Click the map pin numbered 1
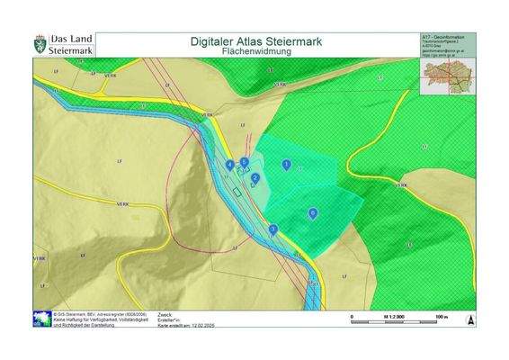pos(286,164)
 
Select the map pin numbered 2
pos(254,178)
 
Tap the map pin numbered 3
pos(272,229)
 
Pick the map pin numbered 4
pos(230,165)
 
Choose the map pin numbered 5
pos(244,162)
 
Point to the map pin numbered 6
pos(312,212)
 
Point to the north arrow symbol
pos(469,319)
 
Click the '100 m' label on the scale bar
pos(441,316)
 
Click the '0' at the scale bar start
pos(352,316)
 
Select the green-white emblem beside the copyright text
pos(42,319)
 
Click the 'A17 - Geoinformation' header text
pos(441,37)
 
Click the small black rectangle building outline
pos(237,191)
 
